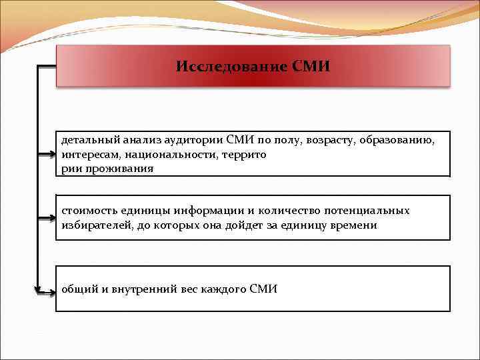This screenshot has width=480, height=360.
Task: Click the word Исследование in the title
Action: tap(231, 67)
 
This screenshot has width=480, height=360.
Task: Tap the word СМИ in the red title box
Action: tap(311, 67)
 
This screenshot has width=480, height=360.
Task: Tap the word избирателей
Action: tap(96, 225)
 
